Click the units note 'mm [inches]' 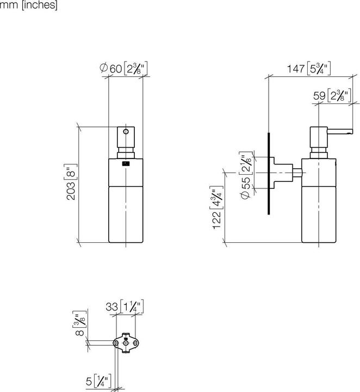(x=28, y=5)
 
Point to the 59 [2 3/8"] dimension (x=332, y=96)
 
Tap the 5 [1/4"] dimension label (x=98, y=379)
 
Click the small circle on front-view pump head (x=126, y=132)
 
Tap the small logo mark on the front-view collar (x=126, y=163)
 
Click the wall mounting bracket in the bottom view (x=126, y=343)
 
